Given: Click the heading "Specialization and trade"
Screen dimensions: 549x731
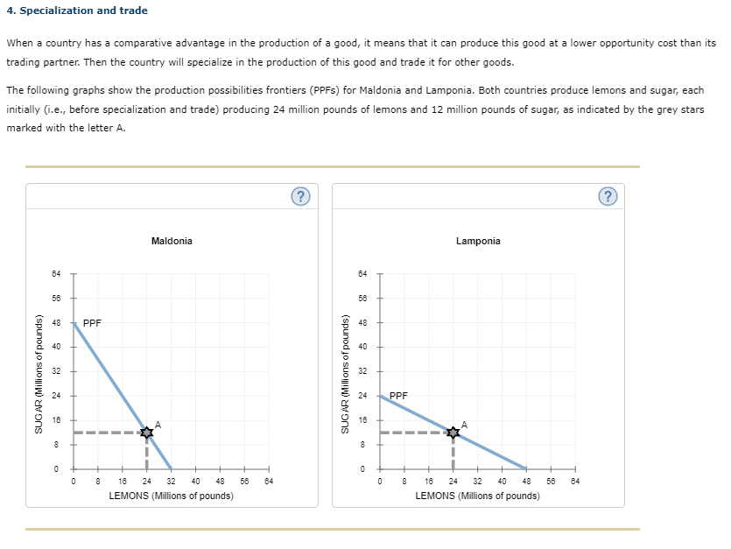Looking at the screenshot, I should [x=82, y=11].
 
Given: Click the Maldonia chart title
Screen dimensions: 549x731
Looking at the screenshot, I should [x=172, y=241].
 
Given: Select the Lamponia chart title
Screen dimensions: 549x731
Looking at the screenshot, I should [x=478, y=241].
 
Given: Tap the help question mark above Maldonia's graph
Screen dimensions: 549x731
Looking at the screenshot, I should [x=299, y=196].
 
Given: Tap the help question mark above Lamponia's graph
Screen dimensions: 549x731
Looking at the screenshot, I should [x=608, y=196].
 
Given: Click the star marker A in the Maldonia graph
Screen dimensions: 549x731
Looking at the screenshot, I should [x=146, y=432].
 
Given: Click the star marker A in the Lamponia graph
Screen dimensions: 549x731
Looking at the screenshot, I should [x=453, y=432].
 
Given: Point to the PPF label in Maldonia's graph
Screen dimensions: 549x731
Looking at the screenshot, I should [x=92, y=322].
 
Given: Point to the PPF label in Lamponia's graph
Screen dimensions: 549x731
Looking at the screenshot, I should [x=398, y=396].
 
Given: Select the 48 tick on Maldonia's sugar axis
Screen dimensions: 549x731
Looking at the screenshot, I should [x=56, y=322].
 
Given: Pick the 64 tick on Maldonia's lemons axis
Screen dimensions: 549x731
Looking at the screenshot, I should [x=269, y=481].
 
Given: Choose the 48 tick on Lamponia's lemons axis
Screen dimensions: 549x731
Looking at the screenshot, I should [x=526, y=481].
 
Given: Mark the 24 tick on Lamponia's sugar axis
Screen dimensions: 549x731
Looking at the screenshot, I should [x=362, y=396].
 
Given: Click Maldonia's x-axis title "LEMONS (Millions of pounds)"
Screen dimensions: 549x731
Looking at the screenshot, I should [x=171, y=496].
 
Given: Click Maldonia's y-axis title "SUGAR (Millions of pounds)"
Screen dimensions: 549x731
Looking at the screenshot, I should [x=39, y=372].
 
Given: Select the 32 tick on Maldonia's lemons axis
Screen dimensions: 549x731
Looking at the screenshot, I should [x=171, y=481].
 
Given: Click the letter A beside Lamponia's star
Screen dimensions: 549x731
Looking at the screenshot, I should [x=464, y=424].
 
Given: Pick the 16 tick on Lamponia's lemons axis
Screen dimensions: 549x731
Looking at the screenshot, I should [x=429, y=481].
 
